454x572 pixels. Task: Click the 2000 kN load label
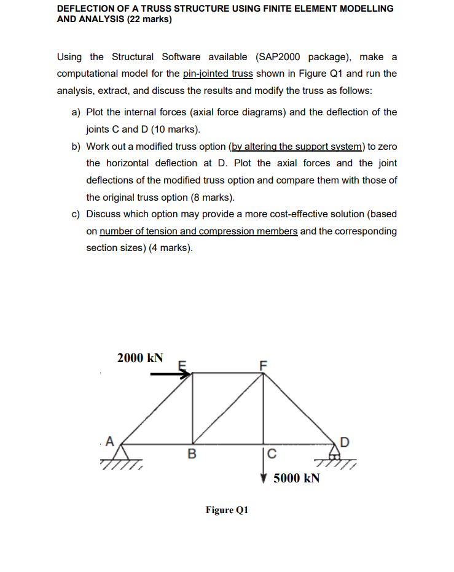[x=140, y=358]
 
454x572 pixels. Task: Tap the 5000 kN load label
[x=296, y=478]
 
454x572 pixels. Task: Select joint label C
[x=272, y=455]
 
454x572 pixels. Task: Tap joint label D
[x=344, y=441]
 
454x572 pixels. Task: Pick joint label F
[x=264, y=364]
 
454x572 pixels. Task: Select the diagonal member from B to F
[x=229, y=408]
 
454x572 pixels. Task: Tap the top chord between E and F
[x=229, y=373]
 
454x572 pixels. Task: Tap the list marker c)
[x=77, y=214]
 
